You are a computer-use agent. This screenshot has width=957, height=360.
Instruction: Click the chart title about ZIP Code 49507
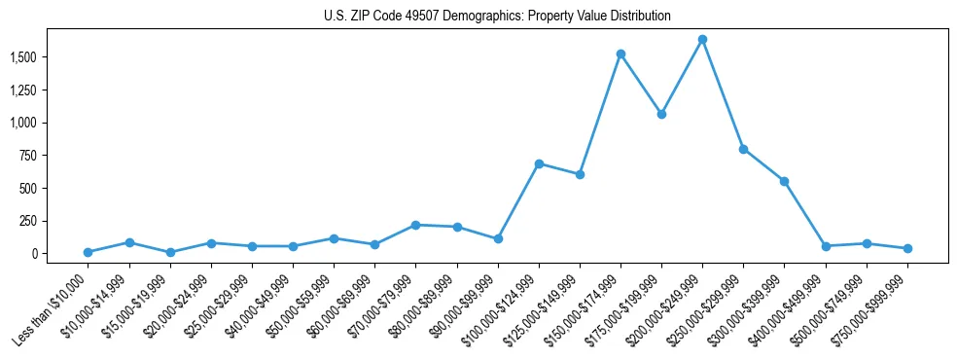tap(497, 17)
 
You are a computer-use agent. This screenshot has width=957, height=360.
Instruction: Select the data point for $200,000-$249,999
tap(702, 40)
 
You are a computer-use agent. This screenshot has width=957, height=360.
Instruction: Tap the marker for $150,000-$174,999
tap(620, 54)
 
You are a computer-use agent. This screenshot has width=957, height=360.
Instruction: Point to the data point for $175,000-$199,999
tap(661, 114)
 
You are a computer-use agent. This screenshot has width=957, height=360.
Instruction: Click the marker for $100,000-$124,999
tap(539, 163)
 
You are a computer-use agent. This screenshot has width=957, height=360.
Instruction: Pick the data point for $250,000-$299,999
tap(743, 149)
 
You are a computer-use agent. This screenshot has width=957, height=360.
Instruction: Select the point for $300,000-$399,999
tap(784, 181)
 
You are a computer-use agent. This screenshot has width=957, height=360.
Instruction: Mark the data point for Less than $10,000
tap(89, 252)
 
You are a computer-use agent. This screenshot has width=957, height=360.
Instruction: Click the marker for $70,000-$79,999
tap(415, 225)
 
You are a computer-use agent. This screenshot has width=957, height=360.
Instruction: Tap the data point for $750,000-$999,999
tap(907, 248)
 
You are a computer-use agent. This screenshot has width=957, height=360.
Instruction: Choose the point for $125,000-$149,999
tap(580, 174)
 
